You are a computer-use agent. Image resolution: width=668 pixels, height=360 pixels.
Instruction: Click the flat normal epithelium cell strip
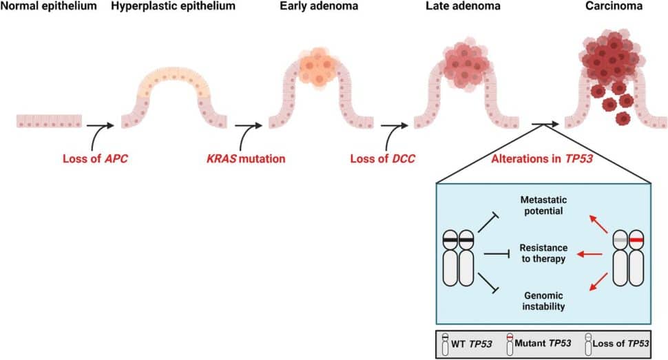(x=49, y=121)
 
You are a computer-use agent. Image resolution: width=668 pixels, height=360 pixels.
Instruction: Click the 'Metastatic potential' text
(x=542, y=204)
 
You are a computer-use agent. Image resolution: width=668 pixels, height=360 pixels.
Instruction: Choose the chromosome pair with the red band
(x=627, y=258)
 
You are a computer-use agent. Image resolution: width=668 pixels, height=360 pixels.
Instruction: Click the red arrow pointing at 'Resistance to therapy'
(x=590, y=255)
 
